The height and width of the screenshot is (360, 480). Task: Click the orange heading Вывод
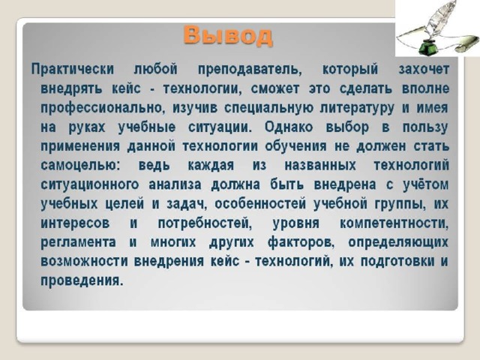pyautogui.click(x=228, y=36)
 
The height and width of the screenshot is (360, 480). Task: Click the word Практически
pyautogui.click(x=73, y=69)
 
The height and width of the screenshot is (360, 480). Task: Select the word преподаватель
pyautogui.click(x=250, y=69)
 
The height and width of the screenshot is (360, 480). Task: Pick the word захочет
pyautogui.click(x=424, y=69)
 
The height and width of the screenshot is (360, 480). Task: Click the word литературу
pyautogui.click(x=357, y=108)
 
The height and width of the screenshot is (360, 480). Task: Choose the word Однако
pyautogui.click(x=289, y=127)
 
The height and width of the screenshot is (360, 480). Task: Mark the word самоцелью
pyautogui.click(x=81, y=165)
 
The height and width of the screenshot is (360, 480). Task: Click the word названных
pyautogui.click(x=320, y=165)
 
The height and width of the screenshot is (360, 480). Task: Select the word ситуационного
pyautogui.click(x=90, y=184)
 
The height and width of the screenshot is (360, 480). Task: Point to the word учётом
pyautogui.click(x=425, y=184)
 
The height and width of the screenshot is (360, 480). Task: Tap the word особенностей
pyautogui.click(x=260, y=204)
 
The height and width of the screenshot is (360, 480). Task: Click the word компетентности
pyautogui.click(x=394, y=223)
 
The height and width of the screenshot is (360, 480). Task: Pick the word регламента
pyautogui.click(x=78, y=242)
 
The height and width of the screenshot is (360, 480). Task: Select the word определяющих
pyautogui.click(x=398, y=242)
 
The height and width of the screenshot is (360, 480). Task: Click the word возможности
pyautogui.click(x=84, y=262)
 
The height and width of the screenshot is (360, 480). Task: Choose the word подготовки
pyautogui.click(x=397, y=262)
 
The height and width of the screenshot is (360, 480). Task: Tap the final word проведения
pyautogui.click(x=82, y=280)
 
